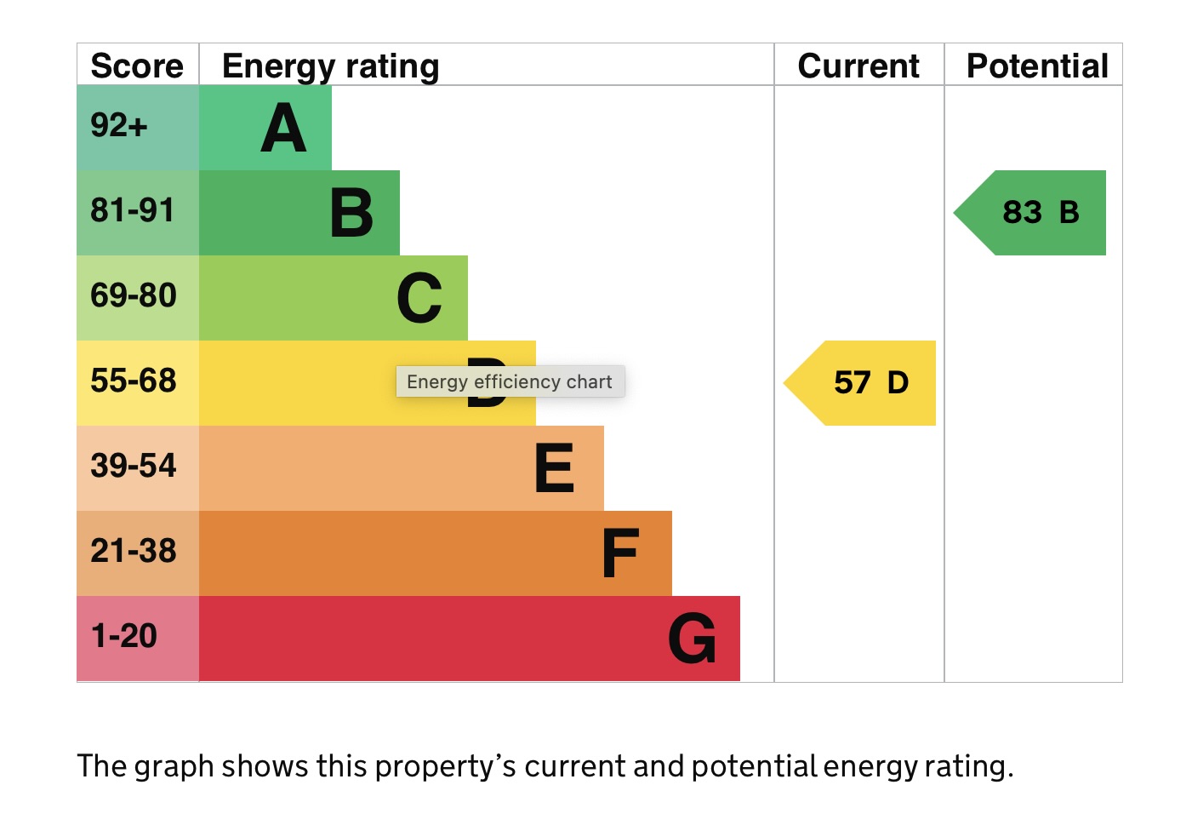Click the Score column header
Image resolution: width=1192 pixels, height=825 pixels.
137,66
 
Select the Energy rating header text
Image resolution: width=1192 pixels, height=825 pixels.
330,67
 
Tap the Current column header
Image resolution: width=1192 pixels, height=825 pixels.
858,66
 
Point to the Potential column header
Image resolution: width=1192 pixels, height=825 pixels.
1037,66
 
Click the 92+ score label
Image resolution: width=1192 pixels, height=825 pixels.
118,125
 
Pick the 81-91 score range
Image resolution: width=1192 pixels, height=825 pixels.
132,209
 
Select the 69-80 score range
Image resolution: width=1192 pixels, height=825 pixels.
133,295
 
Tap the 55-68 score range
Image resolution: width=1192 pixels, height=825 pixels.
133,381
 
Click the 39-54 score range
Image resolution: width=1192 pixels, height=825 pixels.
133,466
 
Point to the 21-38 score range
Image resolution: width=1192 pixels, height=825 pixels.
133,551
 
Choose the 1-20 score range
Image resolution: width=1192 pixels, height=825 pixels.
124,636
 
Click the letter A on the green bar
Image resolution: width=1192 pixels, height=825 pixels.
283,128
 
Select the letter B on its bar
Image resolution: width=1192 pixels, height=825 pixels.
351,213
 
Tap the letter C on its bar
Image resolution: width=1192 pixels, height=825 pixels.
419,298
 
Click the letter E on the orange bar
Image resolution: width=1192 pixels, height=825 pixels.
554,468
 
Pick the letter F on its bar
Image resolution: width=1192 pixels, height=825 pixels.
620,553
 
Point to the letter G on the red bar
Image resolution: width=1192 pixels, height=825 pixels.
692,638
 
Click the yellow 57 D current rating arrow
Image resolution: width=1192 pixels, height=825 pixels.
859,383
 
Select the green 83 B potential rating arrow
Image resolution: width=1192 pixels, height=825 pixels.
1029,213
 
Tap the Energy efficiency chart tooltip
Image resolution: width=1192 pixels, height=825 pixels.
510,381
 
